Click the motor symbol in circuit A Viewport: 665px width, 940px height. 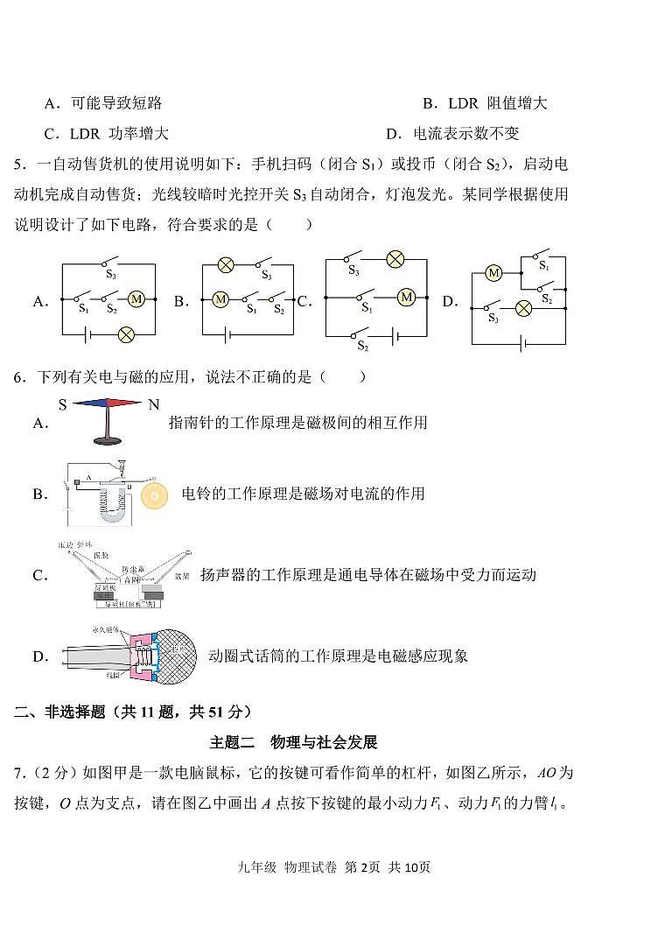click(x=136, y=299)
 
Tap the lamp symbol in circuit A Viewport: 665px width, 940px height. click(x=126, y=333)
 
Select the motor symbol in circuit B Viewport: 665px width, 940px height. click(x=220, y=299)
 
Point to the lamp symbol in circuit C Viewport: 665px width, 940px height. click(x=395, y=258)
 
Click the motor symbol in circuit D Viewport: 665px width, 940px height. click(x=493, y=273)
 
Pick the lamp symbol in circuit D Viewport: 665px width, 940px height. click(x=523, y=307)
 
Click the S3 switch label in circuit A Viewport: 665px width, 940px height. click(x=111, y=274)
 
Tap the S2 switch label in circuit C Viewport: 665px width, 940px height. click(x=362, y=347)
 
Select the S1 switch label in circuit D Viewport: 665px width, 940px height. click(x=543, y=264)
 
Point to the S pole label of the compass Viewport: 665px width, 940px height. click(x=63, y=405)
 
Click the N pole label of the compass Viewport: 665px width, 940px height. click(x=154, y=405)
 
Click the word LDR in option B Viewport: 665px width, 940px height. click(x=463, y=103)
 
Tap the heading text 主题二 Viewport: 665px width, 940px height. click(x=231, y=742)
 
